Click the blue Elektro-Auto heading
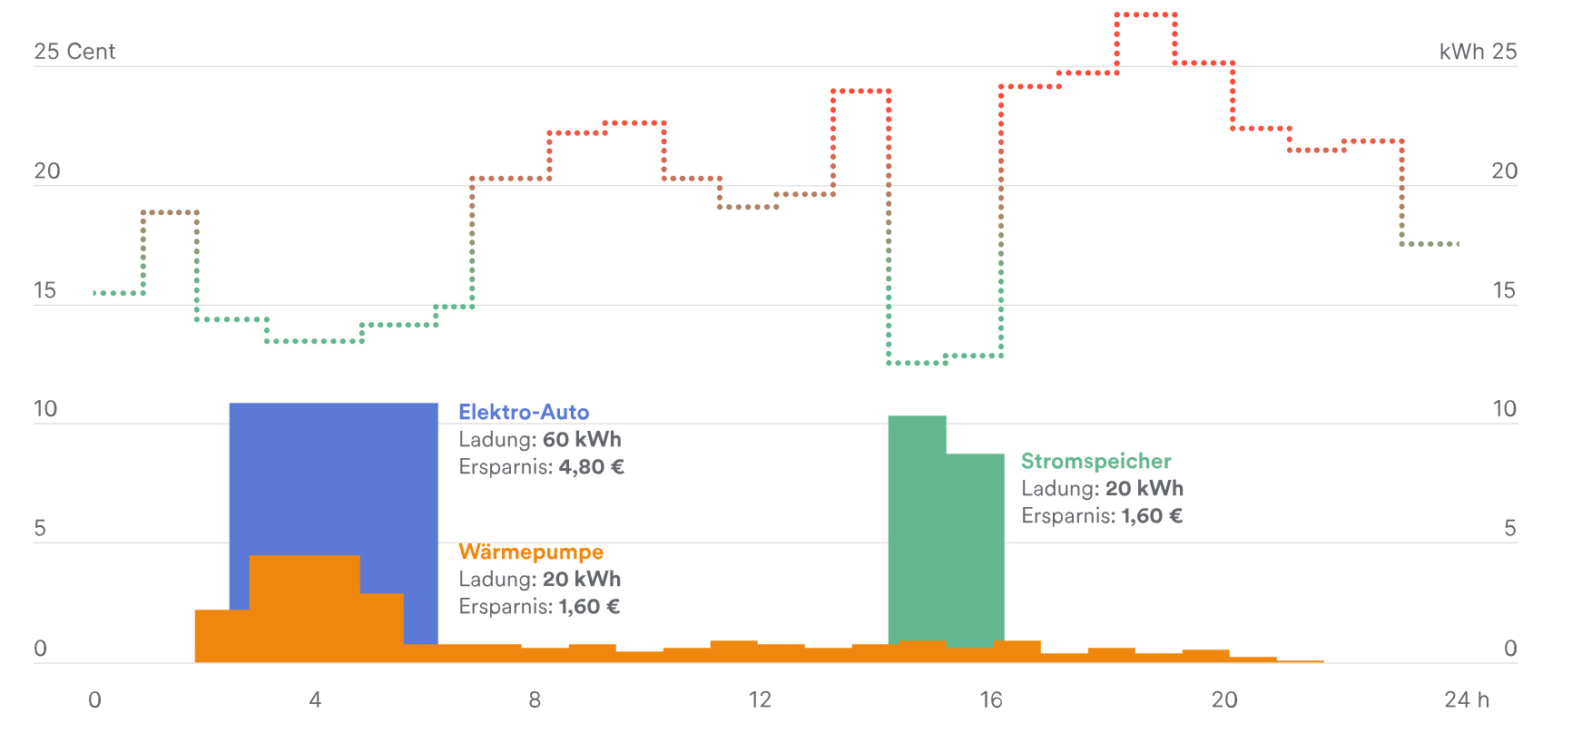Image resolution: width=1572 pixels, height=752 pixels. tap(524, 412)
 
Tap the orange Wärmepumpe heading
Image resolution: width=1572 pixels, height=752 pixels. tap(531, 552)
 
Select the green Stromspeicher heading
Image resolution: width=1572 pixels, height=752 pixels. tap(1095, 461)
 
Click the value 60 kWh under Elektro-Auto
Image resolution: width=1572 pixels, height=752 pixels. tap(582, 440)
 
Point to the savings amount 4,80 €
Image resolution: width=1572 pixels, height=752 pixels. tap(591, 467)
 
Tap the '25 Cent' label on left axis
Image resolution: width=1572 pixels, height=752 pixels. tap(74, 52)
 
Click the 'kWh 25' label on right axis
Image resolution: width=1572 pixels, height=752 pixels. tap(1478, 52)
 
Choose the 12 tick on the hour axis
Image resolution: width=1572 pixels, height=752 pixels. tap(760, 699)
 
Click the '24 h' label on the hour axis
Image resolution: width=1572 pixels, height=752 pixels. tap(1467, 699)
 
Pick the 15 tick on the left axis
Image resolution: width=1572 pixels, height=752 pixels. tap(44, 290)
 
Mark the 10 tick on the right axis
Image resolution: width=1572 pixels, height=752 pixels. tap(1504, 409)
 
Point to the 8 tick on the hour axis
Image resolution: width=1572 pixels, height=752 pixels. tap(535, 699)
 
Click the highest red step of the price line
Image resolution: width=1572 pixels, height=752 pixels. tap(1145, 15)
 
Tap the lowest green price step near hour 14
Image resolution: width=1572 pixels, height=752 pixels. tap(917, 363)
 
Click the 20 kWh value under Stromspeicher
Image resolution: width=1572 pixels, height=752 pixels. tap(1144, 489)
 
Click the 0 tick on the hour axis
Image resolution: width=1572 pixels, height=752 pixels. tap(94, 699)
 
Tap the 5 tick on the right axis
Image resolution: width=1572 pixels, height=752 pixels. tap(1509, 529)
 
